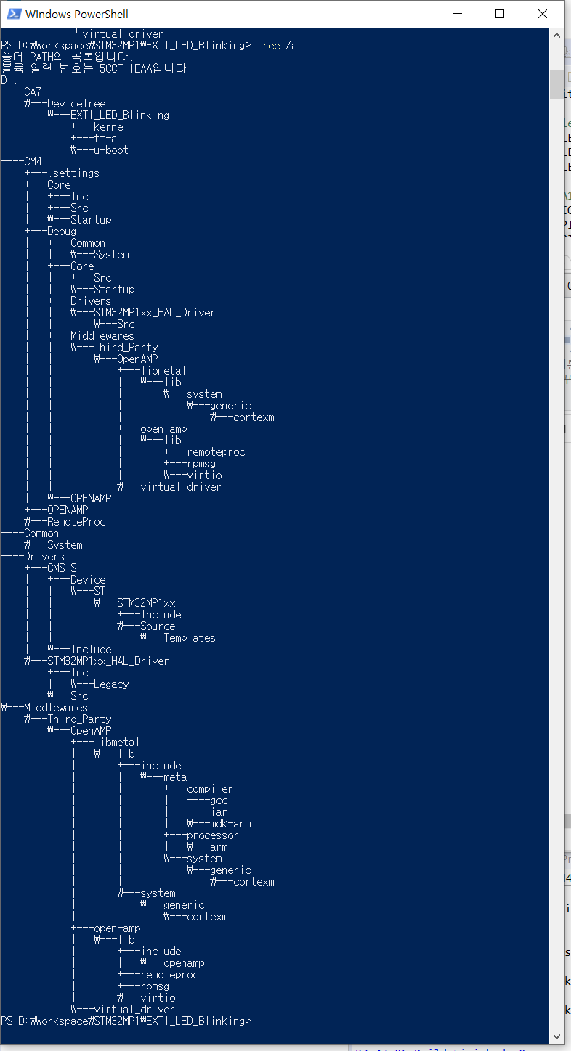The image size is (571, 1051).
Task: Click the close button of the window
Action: [543, 14]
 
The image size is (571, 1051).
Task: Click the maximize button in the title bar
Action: [500, 14]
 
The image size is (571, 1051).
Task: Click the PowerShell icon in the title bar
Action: [14, 14]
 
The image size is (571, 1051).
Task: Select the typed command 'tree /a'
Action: [277, 46]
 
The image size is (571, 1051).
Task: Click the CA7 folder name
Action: [33, 91]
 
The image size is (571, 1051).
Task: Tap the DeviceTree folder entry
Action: [76, 103]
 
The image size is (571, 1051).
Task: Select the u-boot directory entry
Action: [111, 150]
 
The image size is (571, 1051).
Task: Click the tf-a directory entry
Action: [105, 139]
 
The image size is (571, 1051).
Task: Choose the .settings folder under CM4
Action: [73, 173]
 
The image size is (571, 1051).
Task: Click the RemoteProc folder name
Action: [76, 521]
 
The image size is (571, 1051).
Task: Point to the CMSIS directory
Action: [62, 568]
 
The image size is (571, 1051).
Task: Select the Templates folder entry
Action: [189, 637]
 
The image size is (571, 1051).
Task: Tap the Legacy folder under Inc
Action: [111, 684]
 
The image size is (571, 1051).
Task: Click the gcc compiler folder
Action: [219, 801]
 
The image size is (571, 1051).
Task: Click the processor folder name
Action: [212, 835]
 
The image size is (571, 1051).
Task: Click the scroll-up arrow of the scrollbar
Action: [556, 35]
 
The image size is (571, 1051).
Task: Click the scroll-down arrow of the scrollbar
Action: [556, 1036]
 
